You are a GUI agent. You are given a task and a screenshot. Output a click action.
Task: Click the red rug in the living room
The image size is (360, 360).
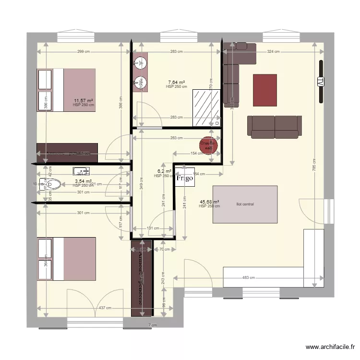click(x=265, y=90)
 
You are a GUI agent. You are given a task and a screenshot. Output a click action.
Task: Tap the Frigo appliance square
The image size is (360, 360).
click(x=184, y=178)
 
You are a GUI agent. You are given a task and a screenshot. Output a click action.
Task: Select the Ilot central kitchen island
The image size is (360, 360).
click(x=245, y=204)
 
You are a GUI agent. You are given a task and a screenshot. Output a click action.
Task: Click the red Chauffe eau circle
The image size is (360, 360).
click(x=209, y=145)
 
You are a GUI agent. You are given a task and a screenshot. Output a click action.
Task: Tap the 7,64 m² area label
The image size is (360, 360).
click(x=176, y=83)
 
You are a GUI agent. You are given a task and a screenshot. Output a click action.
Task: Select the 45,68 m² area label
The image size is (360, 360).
click(x=209, y=202)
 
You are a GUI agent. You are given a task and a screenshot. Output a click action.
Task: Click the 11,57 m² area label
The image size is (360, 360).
click(x=83, y=100)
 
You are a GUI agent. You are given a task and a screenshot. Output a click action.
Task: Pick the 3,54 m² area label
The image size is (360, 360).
click(x=83, y=181)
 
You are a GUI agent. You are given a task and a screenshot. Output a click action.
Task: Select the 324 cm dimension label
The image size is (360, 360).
click(x=274, y=52)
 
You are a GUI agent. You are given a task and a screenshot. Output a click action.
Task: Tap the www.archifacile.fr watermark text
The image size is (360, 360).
click(x=331, y=347)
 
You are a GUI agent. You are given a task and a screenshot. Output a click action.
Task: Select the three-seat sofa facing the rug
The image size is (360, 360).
click(x=275, y=126)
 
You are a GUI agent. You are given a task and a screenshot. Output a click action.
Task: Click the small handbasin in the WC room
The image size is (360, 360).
click(x=82, y=171)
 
